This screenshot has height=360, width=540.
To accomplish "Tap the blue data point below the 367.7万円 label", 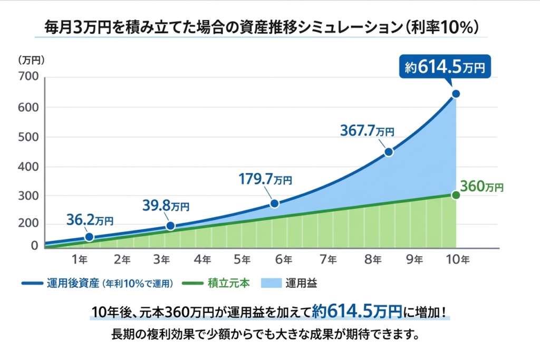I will coord(389,152).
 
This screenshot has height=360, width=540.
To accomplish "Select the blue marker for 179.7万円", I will coord(274,203).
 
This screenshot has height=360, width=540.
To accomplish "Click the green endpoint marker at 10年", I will coord(456,195).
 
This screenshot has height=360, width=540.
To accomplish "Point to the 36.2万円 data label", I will coord(90,219).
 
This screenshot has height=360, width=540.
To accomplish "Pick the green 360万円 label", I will coord(481,187).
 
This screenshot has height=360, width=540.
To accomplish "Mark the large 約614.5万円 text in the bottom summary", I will coord(356,312).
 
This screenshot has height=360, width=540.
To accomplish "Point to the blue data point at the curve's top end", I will coord(456,94).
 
